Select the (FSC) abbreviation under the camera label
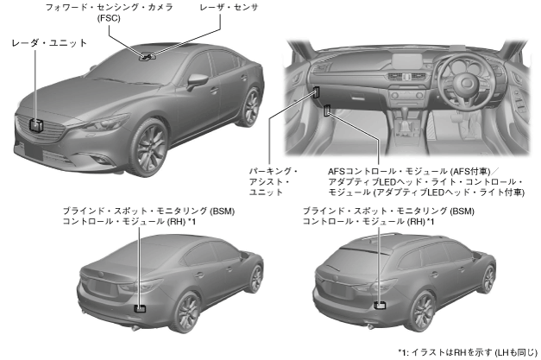(110, 19)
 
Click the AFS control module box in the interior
(328, 111)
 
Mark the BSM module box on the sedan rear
(140, 306)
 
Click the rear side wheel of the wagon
(489, 278)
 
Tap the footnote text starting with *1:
(467, 352)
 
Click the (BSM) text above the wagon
(462, 211)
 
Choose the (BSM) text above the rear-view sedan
(222, 211)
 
